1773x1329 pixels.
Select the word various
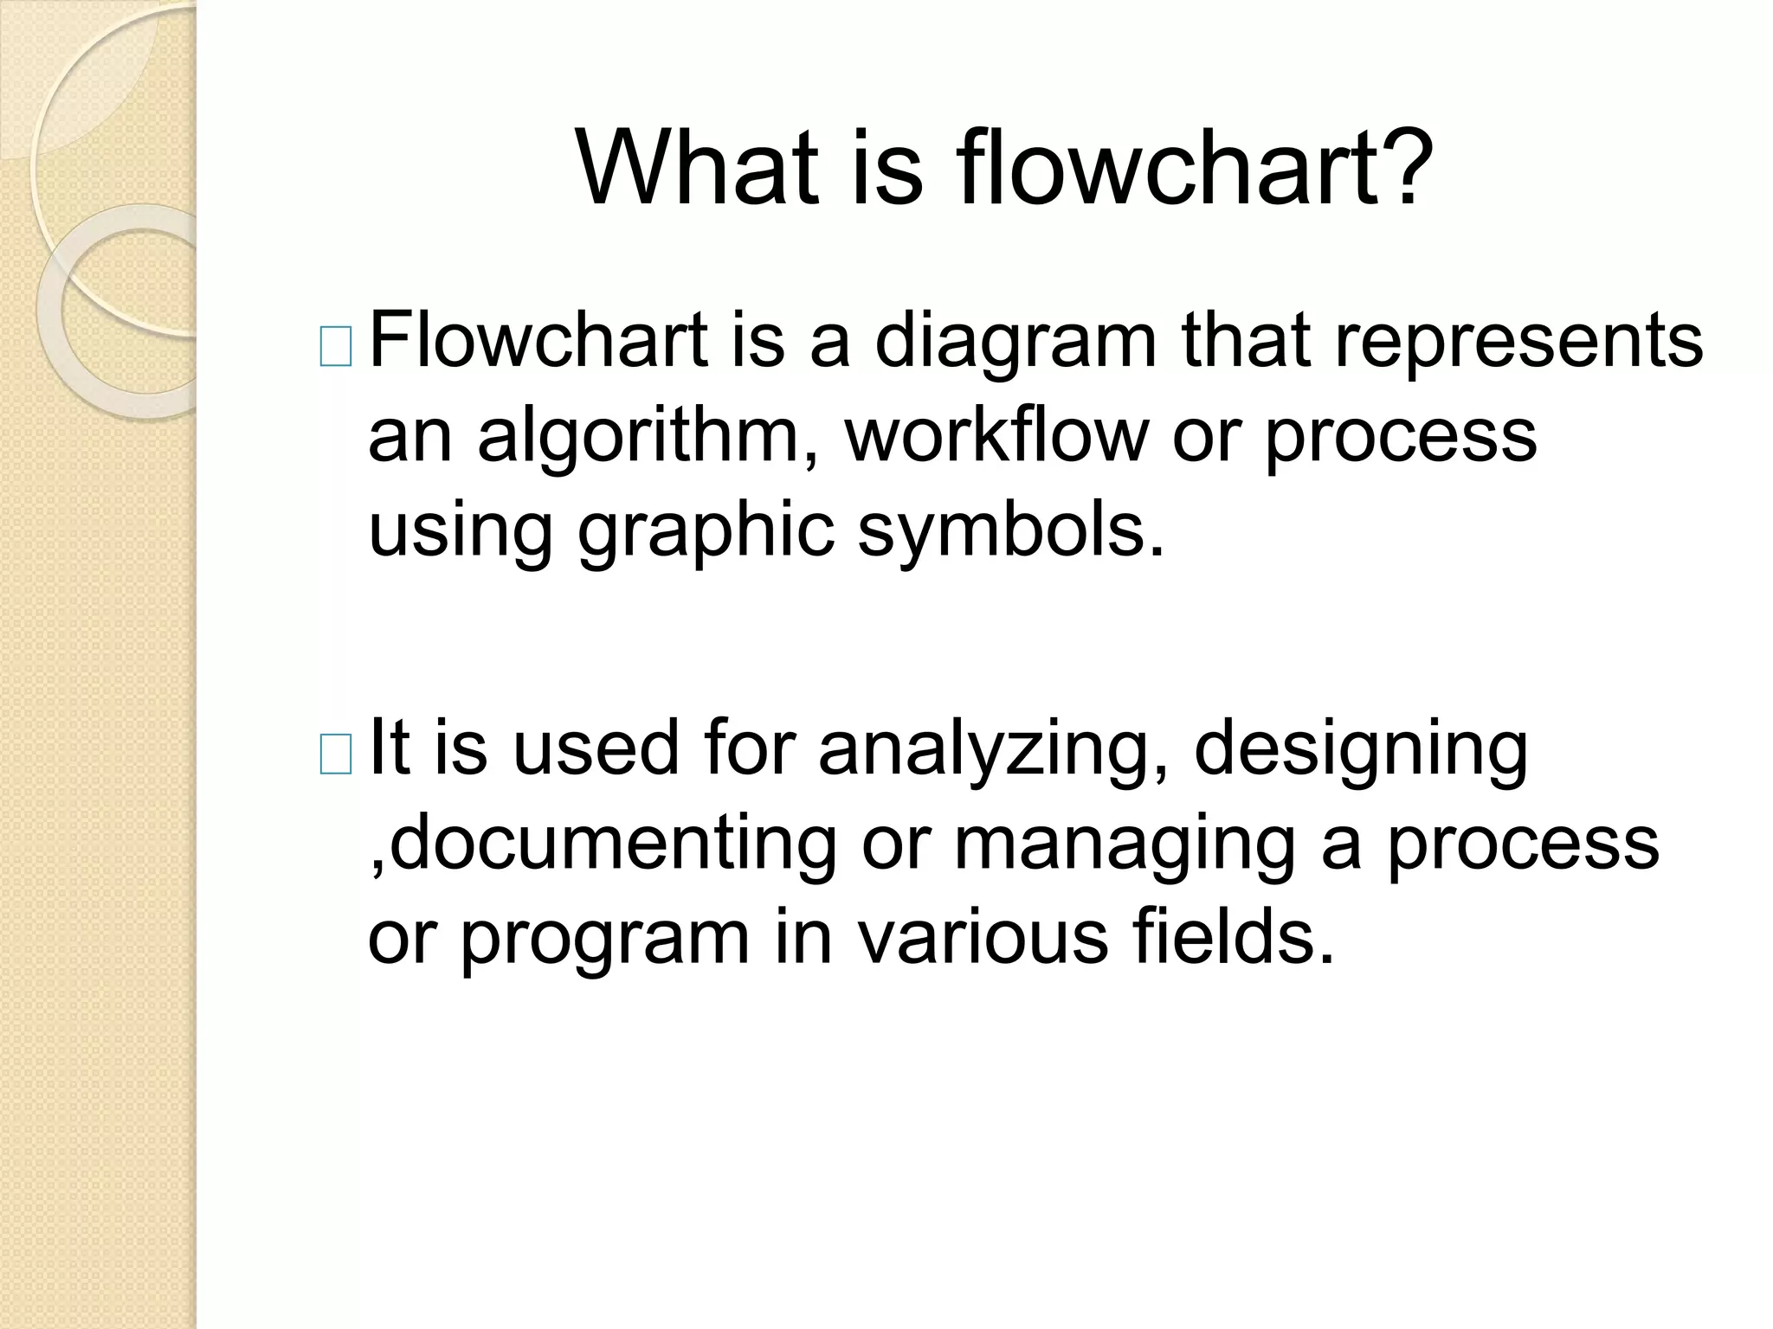pyautogui.click(x=983, y=939)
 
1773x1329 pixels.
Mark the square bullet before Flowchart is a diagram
pyautogui.click(x=335, y=347)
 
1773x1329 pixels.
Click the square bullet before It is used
pyautogui.click(x=335, y=753)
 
